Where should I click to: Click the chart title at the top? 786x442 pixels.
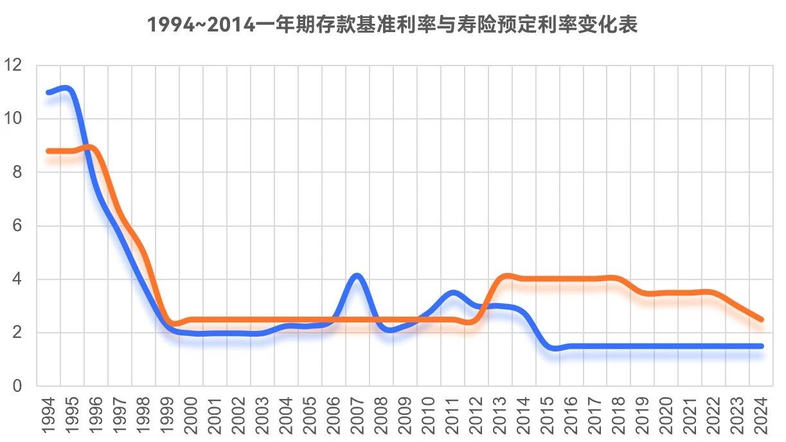point(392,24)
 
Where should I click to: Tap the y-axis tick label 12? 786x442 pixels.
point(12,65)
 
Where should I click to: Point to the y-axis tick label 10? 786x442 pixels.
point(12,118)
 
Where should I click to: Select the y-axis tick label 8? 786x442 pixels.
point(17,172)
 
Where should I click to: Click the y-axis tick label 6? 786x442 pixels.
point(17,225)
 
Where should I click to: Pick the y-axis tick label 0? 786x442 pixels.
point(17,386)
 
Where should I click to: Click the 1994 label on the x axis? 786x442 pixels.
point(48,416)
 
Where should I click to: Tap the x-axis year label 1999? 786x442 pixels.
point(167,416)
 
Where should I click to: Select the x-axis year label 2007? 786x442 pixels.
point(357,416)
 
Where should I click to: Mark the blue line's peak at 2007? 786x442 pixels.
point(357,276)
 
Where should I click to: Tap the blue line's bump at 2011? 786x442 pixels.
point(453,292)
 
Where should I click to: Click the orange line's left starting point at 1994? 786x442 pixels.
point(48,151)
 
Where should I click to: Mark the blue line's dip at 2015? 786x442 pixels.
point(555,348)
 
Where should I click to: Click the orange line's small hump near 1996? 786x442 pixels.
point(90,146)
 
